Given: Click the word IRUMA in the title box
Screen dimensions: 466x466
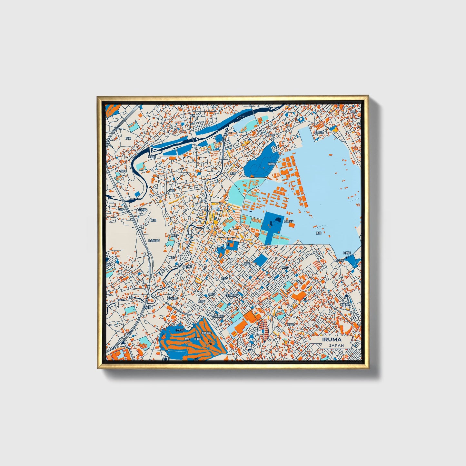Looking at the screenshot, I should pos(331,340).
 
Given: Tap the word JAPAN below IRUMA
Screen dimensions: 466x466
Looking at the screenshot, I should pos(336,345).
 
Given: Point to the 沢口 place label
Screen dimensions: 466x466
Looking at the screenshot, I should pos(128,138).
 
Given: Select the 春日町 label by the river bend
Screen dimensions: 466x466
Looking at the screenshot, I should pos(152,157).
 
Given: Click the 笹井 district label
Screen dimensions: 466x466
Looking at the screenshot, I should pos(122,171).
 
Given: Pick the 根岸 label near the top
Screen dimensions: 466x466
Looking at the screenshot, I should pos(193,115).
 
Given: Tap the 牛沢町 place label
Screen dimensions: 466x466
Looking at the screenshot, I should pos(142,210).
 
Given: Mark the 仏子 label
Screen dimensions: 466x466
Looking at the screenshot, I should pos(121,209).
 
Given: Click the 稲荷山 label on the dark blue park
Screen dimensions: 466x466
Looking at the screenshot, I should pos(272,164).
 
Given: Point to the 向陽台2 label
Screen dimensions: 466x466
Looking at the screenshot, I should pos(289,221).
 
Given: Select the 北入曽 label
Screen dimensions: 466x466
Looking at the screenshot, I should pos(340,260).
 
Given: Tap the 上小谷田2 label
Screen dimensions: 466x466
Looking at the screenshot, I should pos(154,240).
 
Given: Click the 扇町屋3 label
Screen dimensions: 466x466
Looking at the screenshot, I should pos(187,267).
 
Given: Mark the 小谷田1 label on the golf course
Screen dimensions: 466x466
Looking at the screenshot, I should pos(179,330).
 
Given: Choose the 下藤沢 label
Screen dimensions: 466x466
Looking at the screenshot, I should pos(291,325).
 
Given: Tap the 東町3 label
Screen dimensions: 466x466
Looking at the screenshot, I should pos(285,267).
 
